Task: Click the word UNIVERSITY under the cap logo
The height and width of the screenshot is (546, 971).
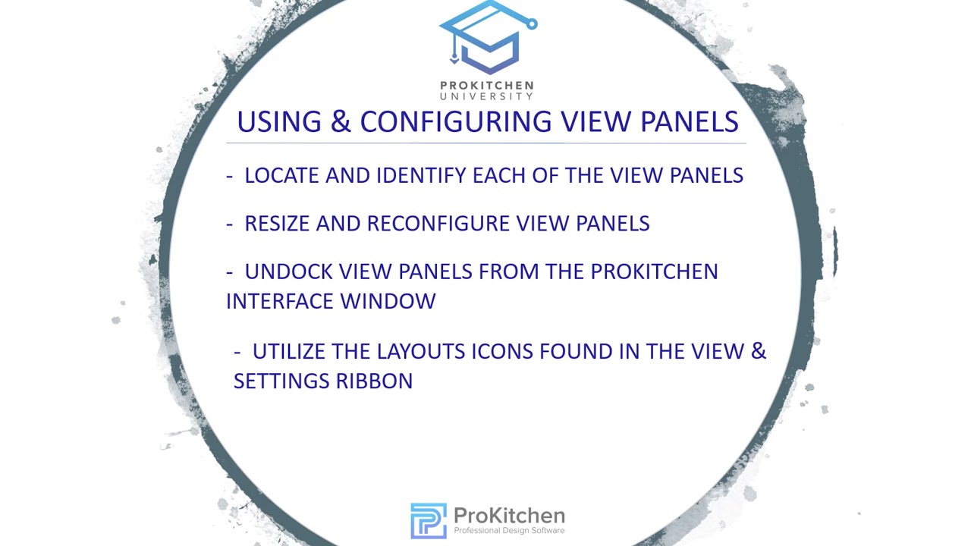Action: coord(487,96)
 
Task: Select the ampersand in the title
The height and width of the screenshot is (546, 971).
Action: coord(341,122)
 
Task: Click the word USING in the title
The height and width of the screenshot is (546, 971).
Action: coord(278,122)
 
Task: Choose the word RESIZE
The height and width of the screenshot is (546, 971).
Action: coord(277,224)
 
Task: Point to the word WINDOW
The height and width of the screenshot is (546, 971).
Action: coord(388,301)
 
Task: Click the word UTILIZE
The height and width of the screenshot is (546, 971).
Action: coord(292,352)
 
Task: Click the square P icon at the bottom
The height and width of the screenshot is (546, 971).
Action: coord(428,521)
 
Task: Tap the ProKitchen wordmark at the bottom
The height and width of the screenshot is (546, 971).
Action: coord(509,516)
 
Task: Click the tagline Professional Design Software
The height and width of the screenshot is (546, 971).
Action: coord(509,531)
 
